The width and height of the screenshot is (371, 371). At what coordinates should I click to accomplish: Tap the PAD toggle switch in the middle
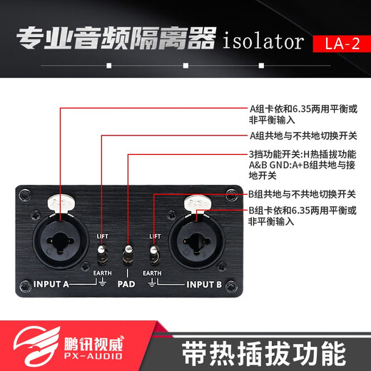pos(128,255)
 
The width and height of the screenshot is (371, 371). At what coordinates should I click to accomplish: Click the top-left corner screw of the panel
pos(26,193)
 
